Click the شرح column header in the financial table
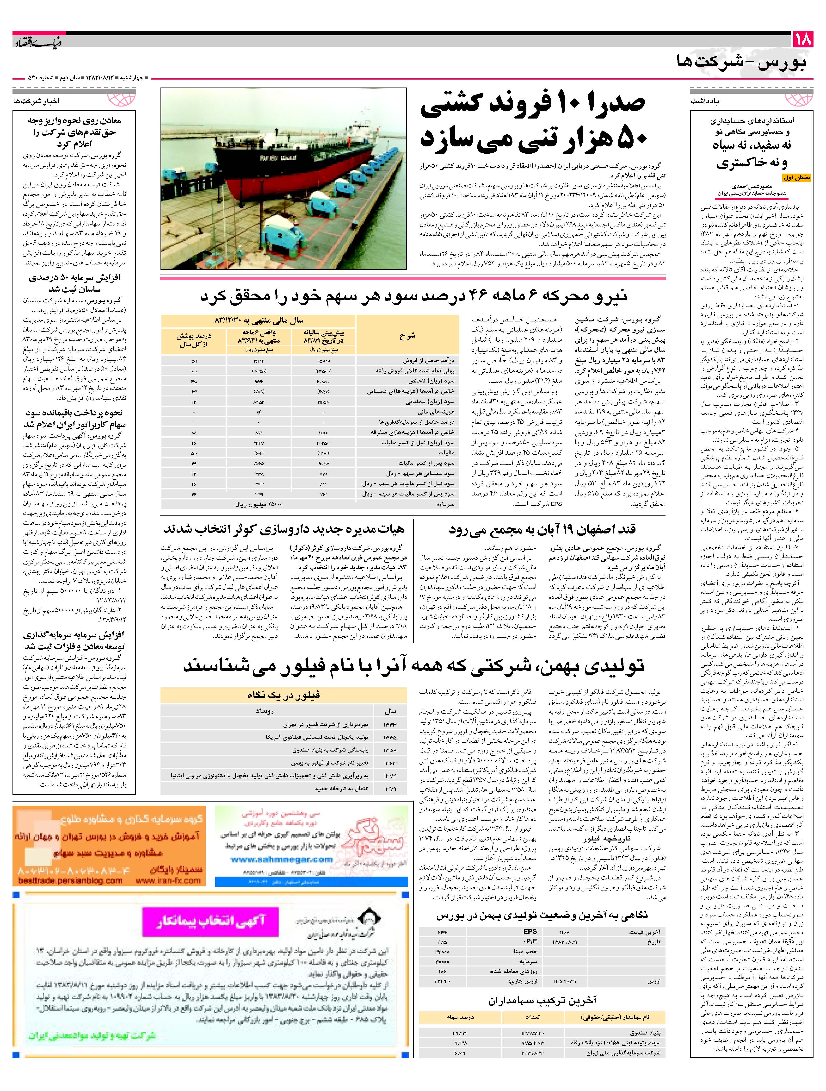[x=407, y=336]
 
